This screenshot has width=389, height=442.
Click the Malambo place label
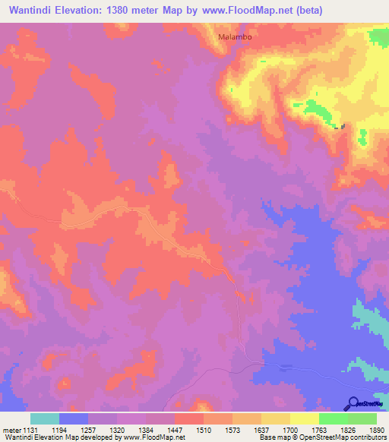tap(234, 36)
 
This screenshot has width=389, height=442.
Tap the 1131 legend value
tap(30, 430)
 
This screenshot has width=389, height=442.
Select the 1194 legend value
tap(59, 430)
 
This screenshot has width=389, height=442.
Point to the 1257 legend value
tap(88, 430)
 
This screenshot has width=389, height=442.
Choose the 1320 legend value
tap(117, 430)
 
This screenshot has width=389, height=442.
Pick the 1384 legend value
tap(146, 430)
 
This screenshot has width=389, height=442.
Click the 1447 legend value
tap(175, 430)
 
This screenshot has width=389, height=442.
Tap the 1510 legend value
tap(204, 430)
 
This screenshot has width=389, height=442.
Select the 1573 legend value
tap(232, 430)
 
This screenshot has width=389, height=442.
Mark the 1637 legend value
tap(261, 430)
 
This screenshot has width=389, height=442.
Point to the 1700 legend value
tap(290, 430)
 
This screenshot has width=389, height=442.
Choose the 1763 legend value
tap(319, 430)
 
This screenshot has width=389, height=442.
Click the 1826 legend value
tap(348, 430)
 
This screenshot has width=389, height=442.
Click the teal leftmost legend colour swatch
tap(45, 418)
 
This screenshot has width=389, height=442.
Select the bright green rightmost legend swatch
tap(362, 418)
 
